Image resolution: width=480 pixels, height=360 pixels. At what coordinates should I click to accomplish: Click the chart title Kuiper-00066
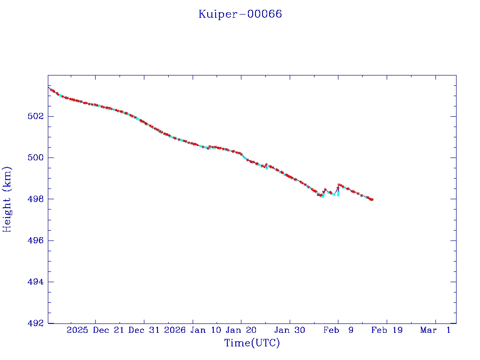pyautogui.click(x=240, y=14)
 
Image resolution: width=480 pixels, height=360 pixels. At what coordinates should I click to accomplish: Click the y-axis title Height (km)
pyautogui.click(x=7, y=199)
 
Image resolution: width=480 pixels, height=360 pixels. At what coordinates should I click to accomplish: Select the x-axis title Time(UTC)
pyautogui.click(x=252, y=343)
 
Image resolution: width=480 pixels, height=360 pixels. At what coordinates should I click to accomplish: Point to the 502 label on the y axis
pyautogui.click(x=36, y=116)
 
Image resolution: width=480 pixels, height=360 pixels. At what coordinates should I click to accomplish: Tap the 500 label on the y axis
pyautogui.click(x=36, y=157)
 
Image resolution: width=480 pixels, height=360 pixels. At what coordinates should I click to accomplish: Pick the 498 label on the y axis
pyautogui.click(x=36, y=199)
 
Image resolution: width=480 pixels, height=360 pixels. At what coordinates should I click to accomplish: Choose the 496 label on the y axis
pyautogui.click(x=36, y=240)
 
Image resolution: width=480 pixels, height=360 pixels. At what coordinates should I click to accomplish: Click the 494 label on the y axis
pyautogui.click(x=36, y=282)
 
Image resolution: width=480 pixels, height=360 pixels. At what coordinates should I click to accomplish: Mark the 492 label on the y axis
pyautogui.click(x=36, y=323)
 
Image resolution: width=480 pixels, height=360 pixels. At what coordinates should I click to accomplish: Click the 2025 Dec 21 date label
pyautogui.click(x=95, y=330)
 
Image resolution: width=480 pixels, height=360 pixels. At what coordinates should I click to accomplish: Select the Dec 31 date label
pyautogui.click(x=144, y=330)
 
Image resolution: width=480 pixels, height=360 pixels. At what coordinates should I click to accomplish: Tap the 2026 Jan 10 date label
pyautogui.click(x=193, y=330)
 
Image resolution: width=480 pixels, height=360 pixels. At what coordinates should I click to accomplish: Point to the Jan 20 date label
pyautogui.click(x=241, y=330)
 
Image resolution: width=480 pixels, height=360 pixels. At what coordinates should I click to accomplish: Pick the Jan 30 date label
pyautogui.click(x=290, y=330)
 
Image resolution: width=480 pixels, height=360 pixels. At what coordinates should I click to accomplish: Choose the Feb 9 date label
pyautogui.click(x=338, y=330)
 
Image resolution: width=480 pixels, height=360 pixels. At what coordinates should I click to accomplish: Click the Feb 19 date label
pyautogui.click(x=387, y=330)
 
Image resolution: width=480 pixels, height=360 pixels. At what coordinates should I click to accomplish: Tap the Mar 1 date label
pyautogui.click(x=435, y=330)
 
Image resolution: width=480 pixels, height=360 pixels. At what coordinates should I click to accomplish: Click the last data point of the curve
pyautogui.click(x=372, y=200)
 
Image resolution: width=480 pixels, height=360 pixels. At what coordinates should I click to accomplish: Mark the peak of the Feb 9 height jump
pyautogui.click(x=339, y=185)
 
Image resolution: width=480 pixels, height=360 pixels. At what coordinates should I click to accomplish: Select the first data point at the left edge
pyautogui.click(x=49, y=88)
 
